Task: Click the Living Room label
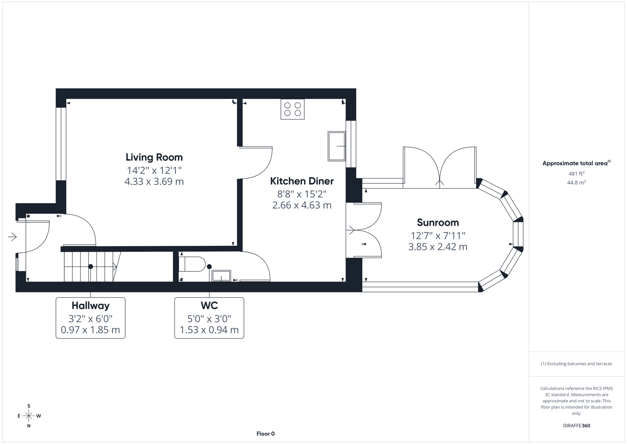click(154, 157)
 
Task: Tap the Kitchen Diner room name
click(302, 181)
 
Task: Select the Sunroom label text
click(438, 222)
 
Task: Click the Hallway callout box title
click(90, 305)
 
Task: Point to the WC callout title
click(209, 305)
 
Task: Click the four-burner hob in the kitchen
click(292, 109)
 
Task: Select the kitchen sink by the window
click(336, 146)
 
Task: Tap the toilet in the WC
click(193, 264)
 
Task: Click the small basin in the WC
click(221, 275)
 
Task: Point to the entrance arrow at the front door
click(12, 237)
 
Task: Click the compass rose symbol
click(29, 416)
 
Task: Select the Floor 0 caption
click(265, 434)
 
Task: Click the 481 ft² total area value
click(576, 173)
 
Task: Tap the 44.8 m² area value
click(576, 183)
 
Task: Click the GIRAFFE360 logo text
click(576, 425)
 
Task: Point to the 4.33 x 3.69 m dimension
click(154, 181)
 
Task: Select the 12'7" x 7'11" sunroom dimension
click(438, 236)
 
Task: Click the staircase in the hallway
click(90, 267)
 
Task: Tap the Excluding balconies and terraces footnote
click(576, 364)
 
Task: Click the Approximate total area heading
click(576, 163)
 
